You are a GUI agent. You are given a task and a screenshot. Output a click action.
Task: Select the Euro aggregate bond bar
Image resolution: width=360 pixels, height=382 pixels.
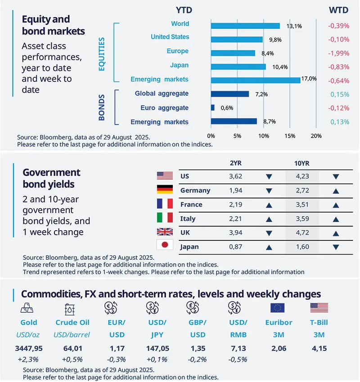(x=212, y=108)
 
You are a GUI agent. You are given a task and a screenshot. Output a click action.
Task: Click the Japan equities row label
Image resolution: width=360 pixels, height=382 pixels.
(x=179, y=66)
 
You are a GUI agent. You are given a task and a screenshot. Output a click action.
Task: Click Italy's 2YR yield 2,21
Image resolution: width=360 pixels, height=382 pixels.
(x=236, y=219)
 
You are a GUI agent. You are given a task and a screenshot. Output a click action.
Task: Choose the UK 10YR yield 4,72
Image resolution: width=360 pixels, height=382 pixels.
(x=302, y=233)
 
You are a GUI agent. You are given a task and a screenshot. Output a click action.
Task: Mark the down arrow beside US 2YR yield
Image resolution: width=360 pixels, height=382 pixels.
(x=269, y=176)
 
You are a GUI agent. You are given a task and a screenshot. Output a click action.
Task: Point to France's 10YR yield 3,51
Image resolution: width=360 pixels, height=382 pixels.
(x=302, y=204)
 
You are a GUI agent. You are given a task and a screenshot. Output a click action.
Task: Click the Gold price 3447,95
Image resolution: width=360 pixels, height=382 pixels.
(x=29, y=348)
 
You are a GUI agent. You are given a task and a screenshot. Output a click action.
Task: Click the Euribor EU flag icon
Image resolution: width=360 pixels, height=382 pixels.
(x=278, y=308)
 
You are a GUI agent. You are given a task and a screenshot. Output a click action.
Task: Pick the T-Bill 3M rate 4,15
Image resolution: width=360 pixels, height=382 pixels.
(x=319, y=348)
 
